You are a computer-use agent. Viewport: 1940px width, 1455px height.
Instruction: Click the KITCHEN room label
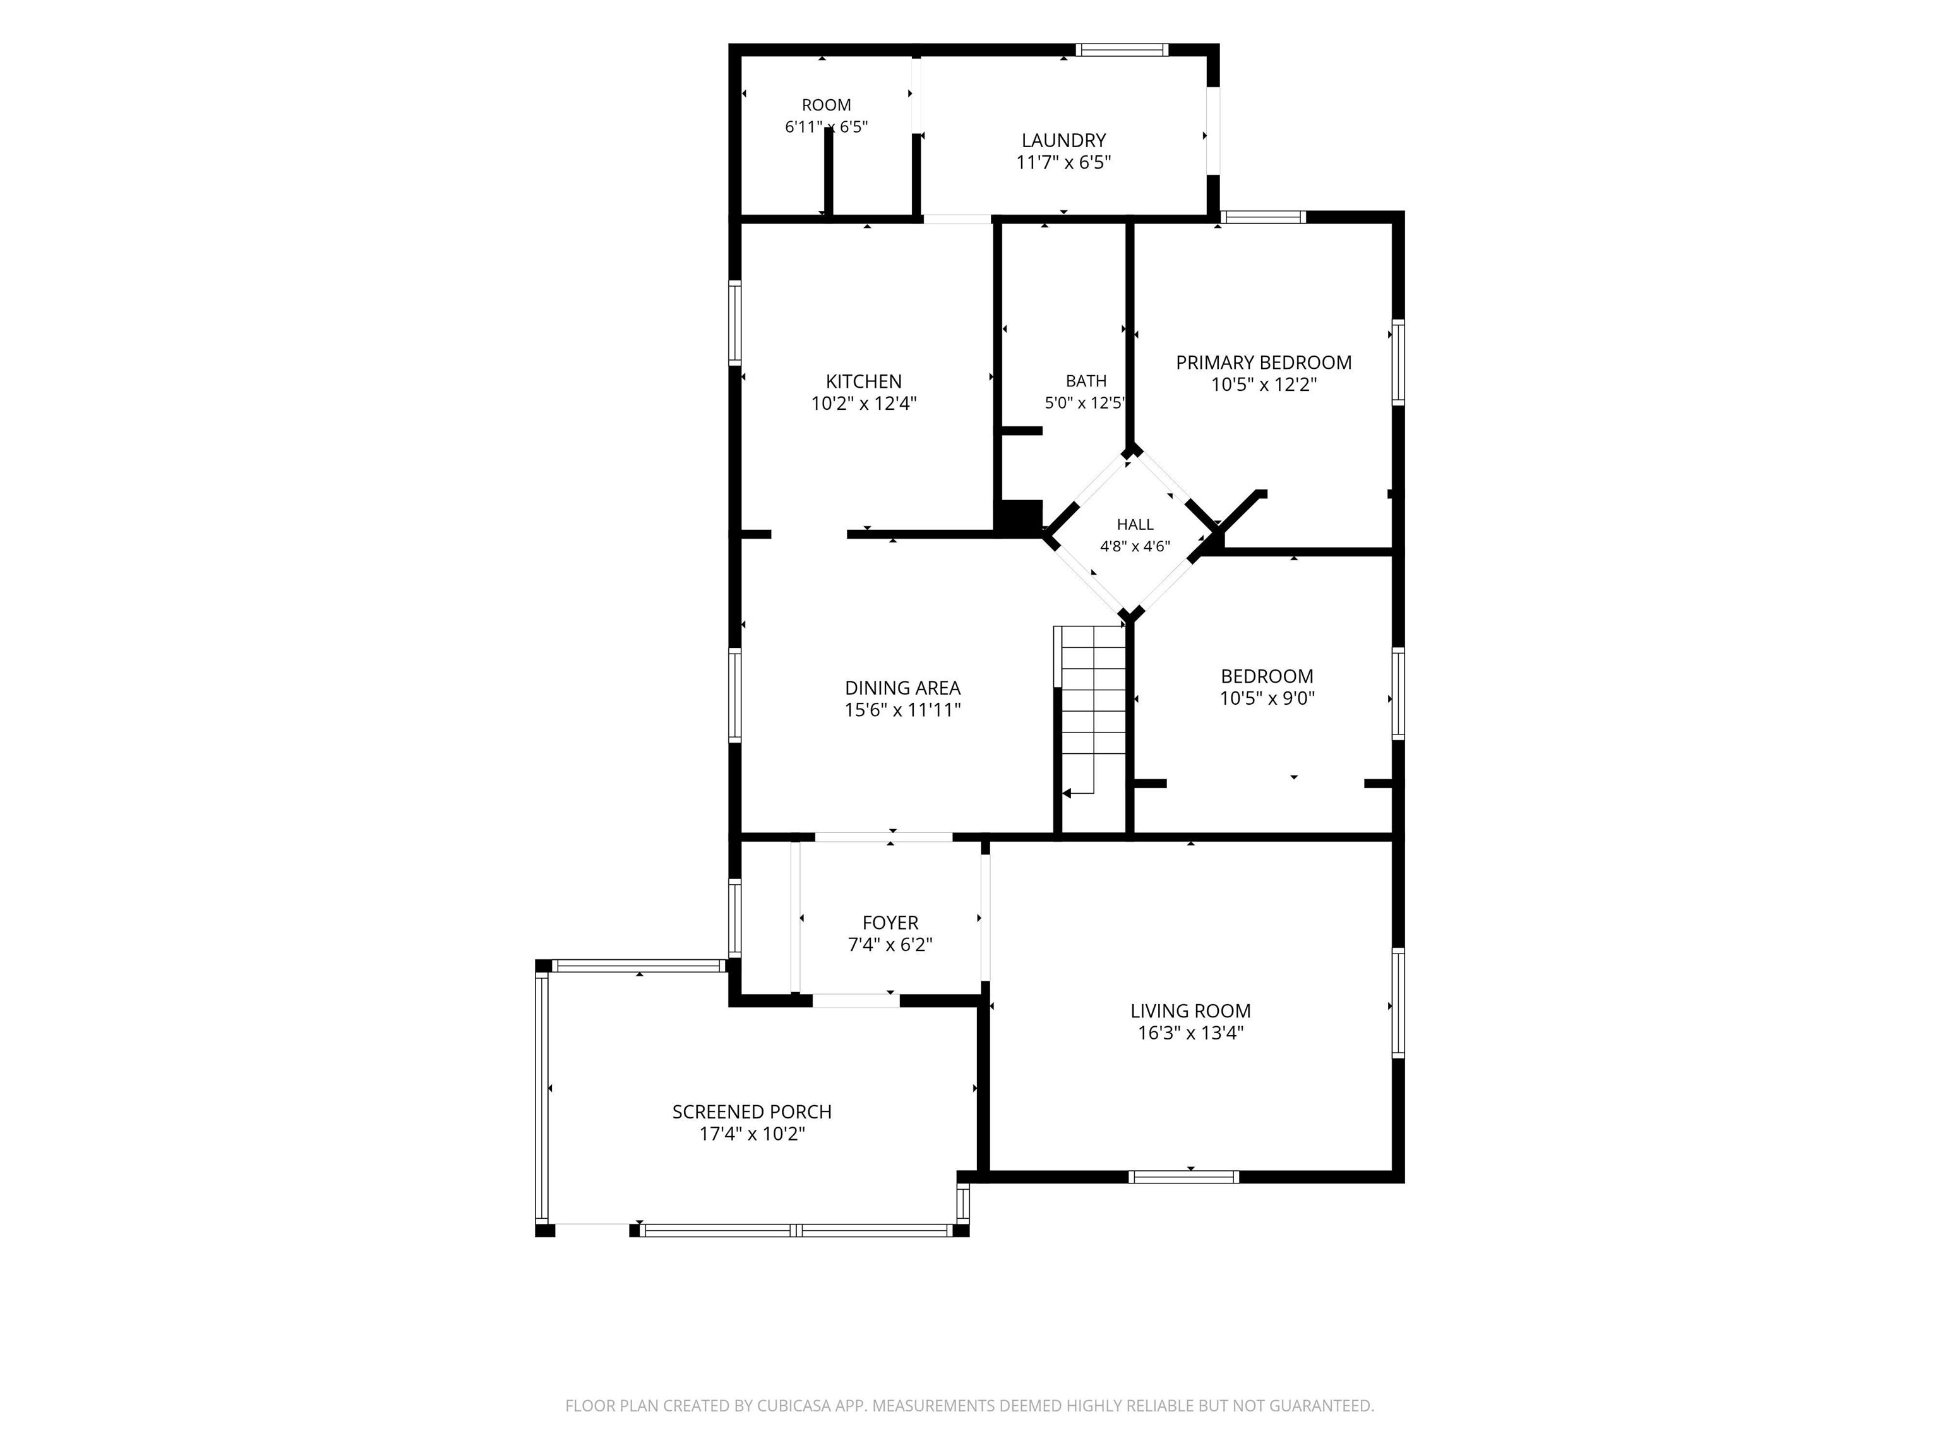[864, 381]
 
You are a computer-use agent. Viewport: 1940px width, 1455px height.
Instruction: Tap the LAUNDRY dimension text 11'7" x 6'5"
[1064, 162]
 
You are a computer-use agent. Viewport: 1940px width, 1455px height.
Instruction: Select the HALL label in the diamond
[1135, 524]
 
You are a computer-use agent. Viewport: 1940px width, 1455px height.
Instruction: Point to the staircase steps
[1090, 711]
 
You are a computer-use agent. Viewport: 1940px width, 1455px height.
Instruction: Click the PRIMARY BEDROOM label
[1264, 362]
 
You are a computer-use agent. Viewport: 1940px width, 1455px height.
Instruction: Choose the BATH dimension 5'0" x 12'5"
[1085, 404]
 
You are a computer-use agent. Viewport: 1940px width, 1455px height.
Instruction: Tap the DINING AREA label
[902, 688]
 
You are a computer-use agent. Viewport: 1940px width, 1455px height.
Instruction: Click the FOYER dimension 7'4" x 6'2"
[890, 945]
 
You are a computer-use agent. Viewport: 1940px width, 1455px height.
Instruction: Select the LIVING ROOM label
[1190, 1011]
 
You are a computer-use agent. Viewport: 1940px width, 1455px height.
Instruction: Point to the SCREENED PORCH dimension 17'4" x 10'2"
[751, 1134]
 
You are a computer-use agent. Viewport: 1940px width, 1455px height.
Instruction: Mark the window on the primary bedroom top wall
[1263, 217]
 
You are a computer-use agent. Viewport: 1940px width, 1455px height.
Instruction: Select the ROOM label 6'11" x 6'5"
[826, 116]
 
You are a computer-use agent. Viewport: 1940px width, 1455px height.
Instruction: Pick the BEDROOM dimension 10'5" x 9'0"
[1267, 698]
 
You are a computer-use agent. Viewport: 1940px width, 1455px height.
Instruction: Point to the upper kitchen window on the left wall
[735, 323]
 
